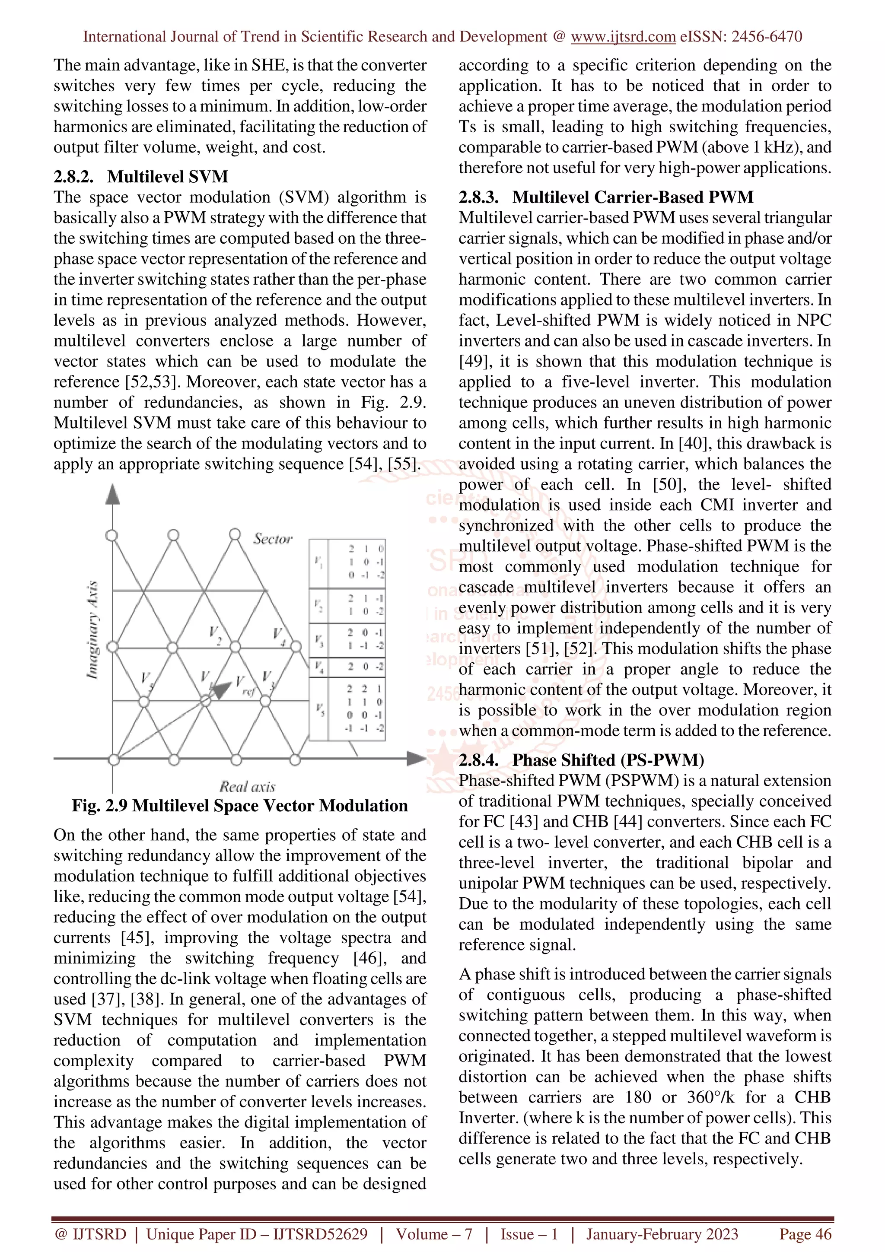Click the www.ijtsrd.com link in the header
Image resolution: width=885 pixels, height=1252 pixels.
tap(623, 37)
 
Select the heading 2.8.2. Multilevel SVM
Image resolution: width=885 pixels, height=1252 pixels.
tap(141, 177)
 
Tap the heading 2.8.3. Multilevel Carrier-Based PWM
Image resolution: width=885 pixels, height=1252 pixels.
tap(606, 197)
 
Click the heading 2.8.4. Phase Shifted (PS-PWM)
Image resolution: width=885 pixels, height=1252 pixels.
tap(581, 760)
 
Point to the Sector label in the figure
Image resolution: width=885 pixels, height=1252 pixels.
tap(273, 539)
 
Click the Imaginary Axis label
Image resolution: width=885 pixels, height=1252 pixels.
tap(93, 630)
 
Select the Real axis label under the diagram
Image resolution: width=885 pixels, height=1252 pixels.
tap(248, 786)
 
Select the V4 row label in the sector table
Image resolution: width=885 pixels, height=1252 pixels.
tap(319, 666)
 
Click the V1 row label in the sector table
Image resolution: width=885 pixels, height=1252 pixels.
tap(318, 562)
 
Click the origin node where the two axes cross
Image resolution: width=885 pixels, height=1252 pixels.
tap(113, 759)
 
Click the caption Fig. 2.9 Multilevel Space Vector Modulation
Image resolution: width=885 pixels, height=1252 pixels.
tap(240, 806)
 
